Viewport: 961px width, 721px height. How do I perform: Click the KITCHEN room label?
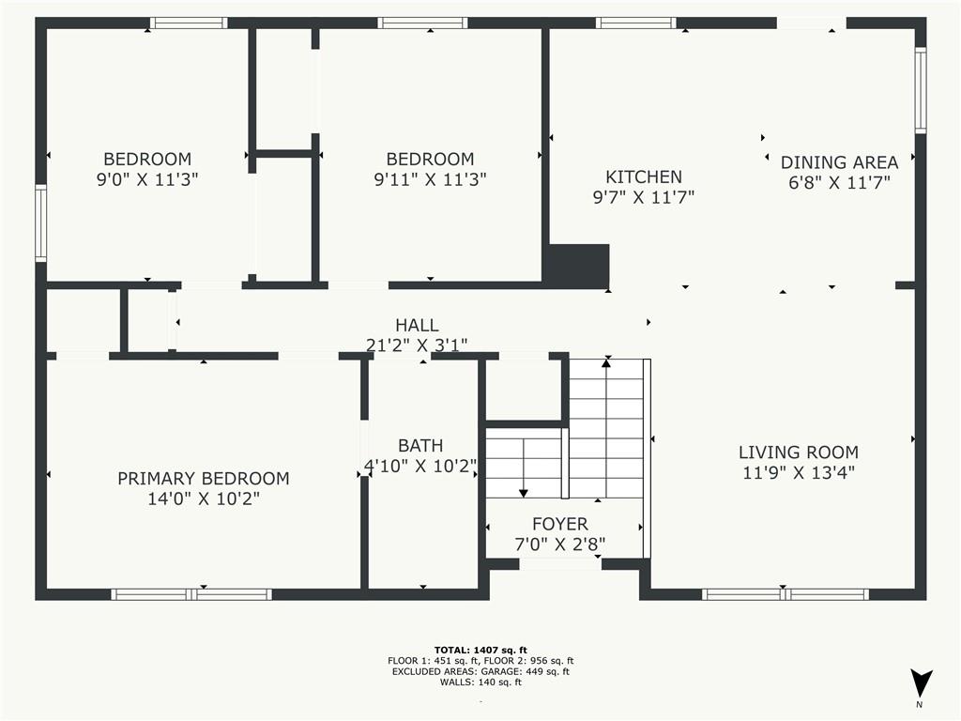[x=643, y=176]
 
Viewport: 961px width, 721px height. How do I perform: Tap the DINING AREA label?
[x=839, y=162]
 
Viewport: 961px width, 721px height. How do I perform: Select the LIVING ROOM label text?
[x=798, y=453]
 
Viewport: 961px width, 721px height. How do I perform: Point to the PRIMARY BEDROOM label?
[x=203, y=479]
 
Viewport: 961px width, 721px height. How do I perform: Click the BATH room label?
[x=420, y=446]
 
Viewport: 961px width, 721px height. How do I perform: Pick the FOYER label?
[x=559, y=524]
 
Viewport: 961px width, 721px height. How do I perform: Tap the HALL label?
[x=416, y=326]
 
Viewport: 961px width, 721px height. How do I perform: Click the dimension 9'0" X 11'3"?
[x=147, y=178]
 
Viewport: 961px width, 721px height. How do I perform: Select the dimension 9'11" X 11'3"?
[x=430, y=178]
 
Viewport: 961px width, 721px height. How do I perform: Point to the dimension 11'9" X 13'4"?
[x=798, y=473]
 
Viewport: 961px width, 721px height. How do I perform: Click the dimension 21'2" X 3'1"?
[x=416, y=345]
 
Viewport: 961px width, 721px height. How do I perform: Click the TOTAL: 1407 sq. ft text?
[x=480, y=650]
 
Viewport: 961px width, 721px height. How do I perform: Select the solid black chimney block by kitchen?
[x=577, y=266]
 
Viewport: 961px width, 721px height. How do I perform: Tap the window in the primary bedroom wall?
[x=191, y=594]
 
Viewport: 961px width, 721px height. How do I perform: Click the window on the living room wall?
[x=785, y=594]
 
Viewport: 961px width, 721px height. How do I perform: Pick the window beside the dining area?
[x=920, y=90]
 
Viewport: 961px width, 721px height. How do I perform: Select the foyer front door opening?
[x=560, y=564]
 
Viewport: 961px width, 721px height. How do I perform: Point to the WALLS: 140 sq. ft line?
[x=480, y=682]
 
